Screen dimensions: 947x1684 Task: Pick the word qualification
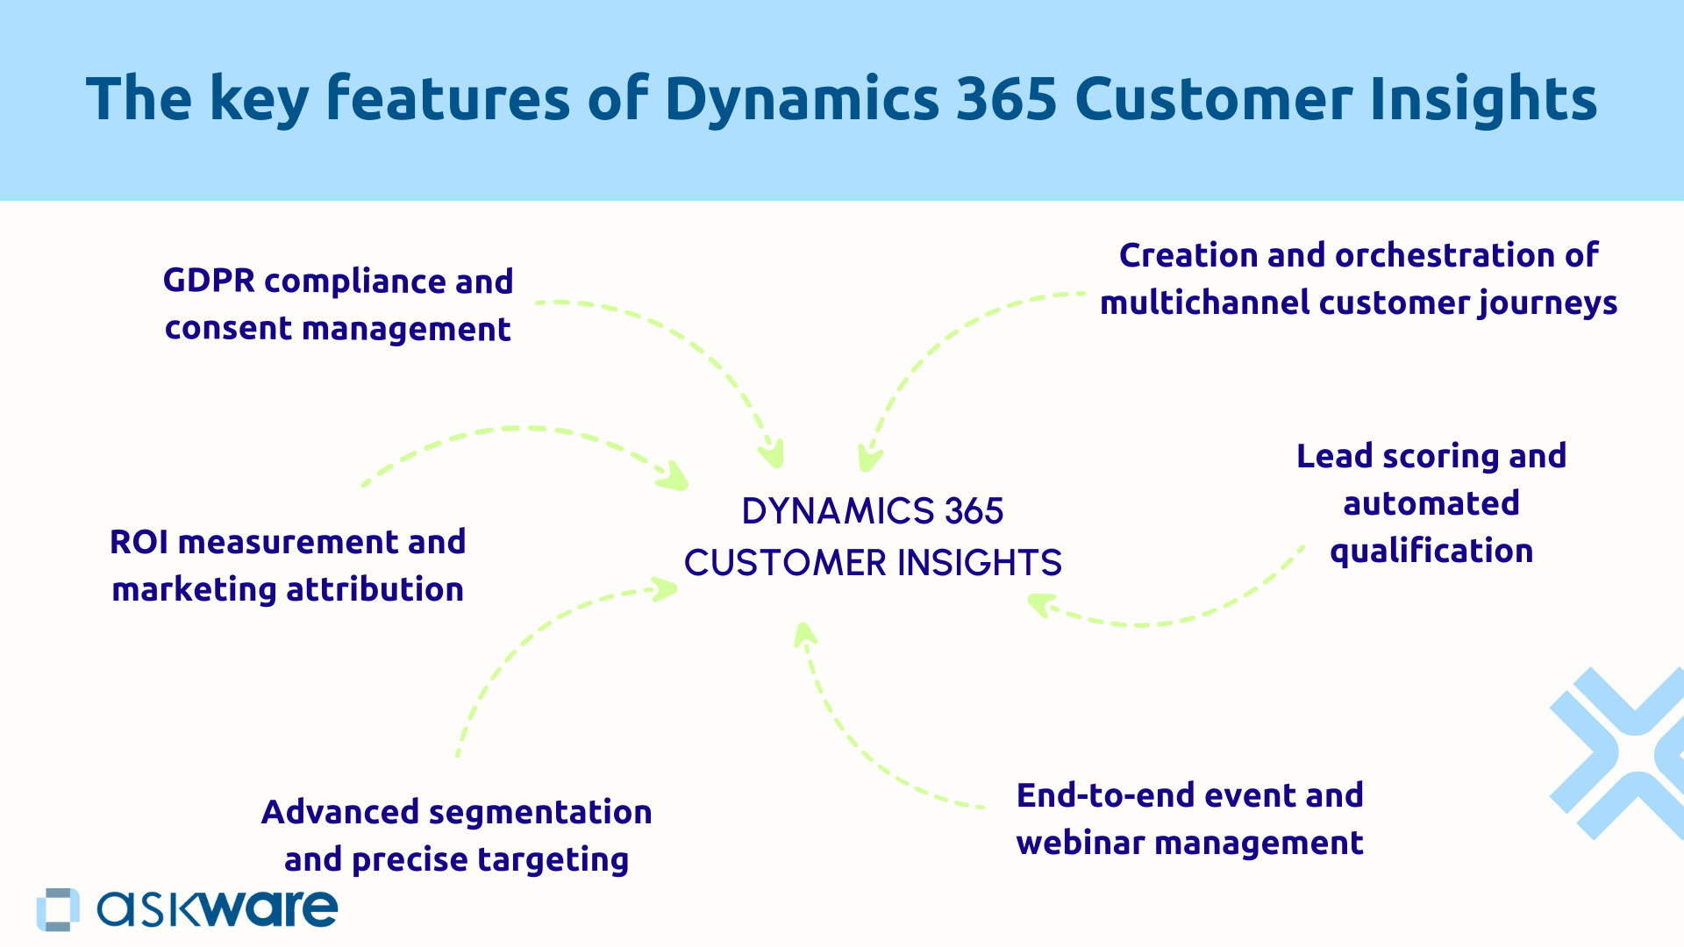[x=1431, y=552]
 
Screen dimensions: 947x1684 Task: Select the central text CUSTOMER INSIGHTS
[x=873, y=563]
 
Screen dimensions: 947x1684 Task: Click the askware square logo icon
[x=58, y=909]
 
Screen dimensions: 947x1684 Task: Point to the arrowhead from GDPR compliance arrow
[x=773, y=456]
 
